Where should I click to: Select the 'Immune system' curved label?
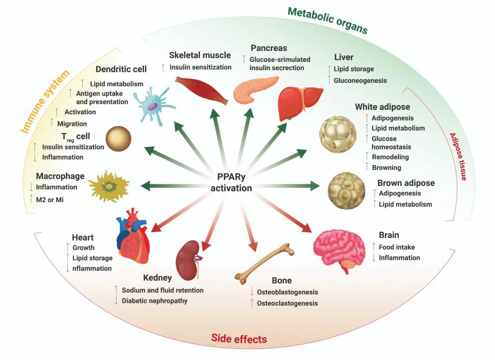[x=45, y=102]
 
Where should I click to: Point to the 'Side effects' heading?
[x=239, y=338]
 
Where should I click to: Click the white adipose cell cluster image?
[x=338, y=136]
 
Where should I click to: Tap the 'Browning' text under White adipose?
[x=386, y=167]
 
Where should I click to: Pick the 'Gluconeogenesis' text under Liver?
[x=360, y=80]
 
